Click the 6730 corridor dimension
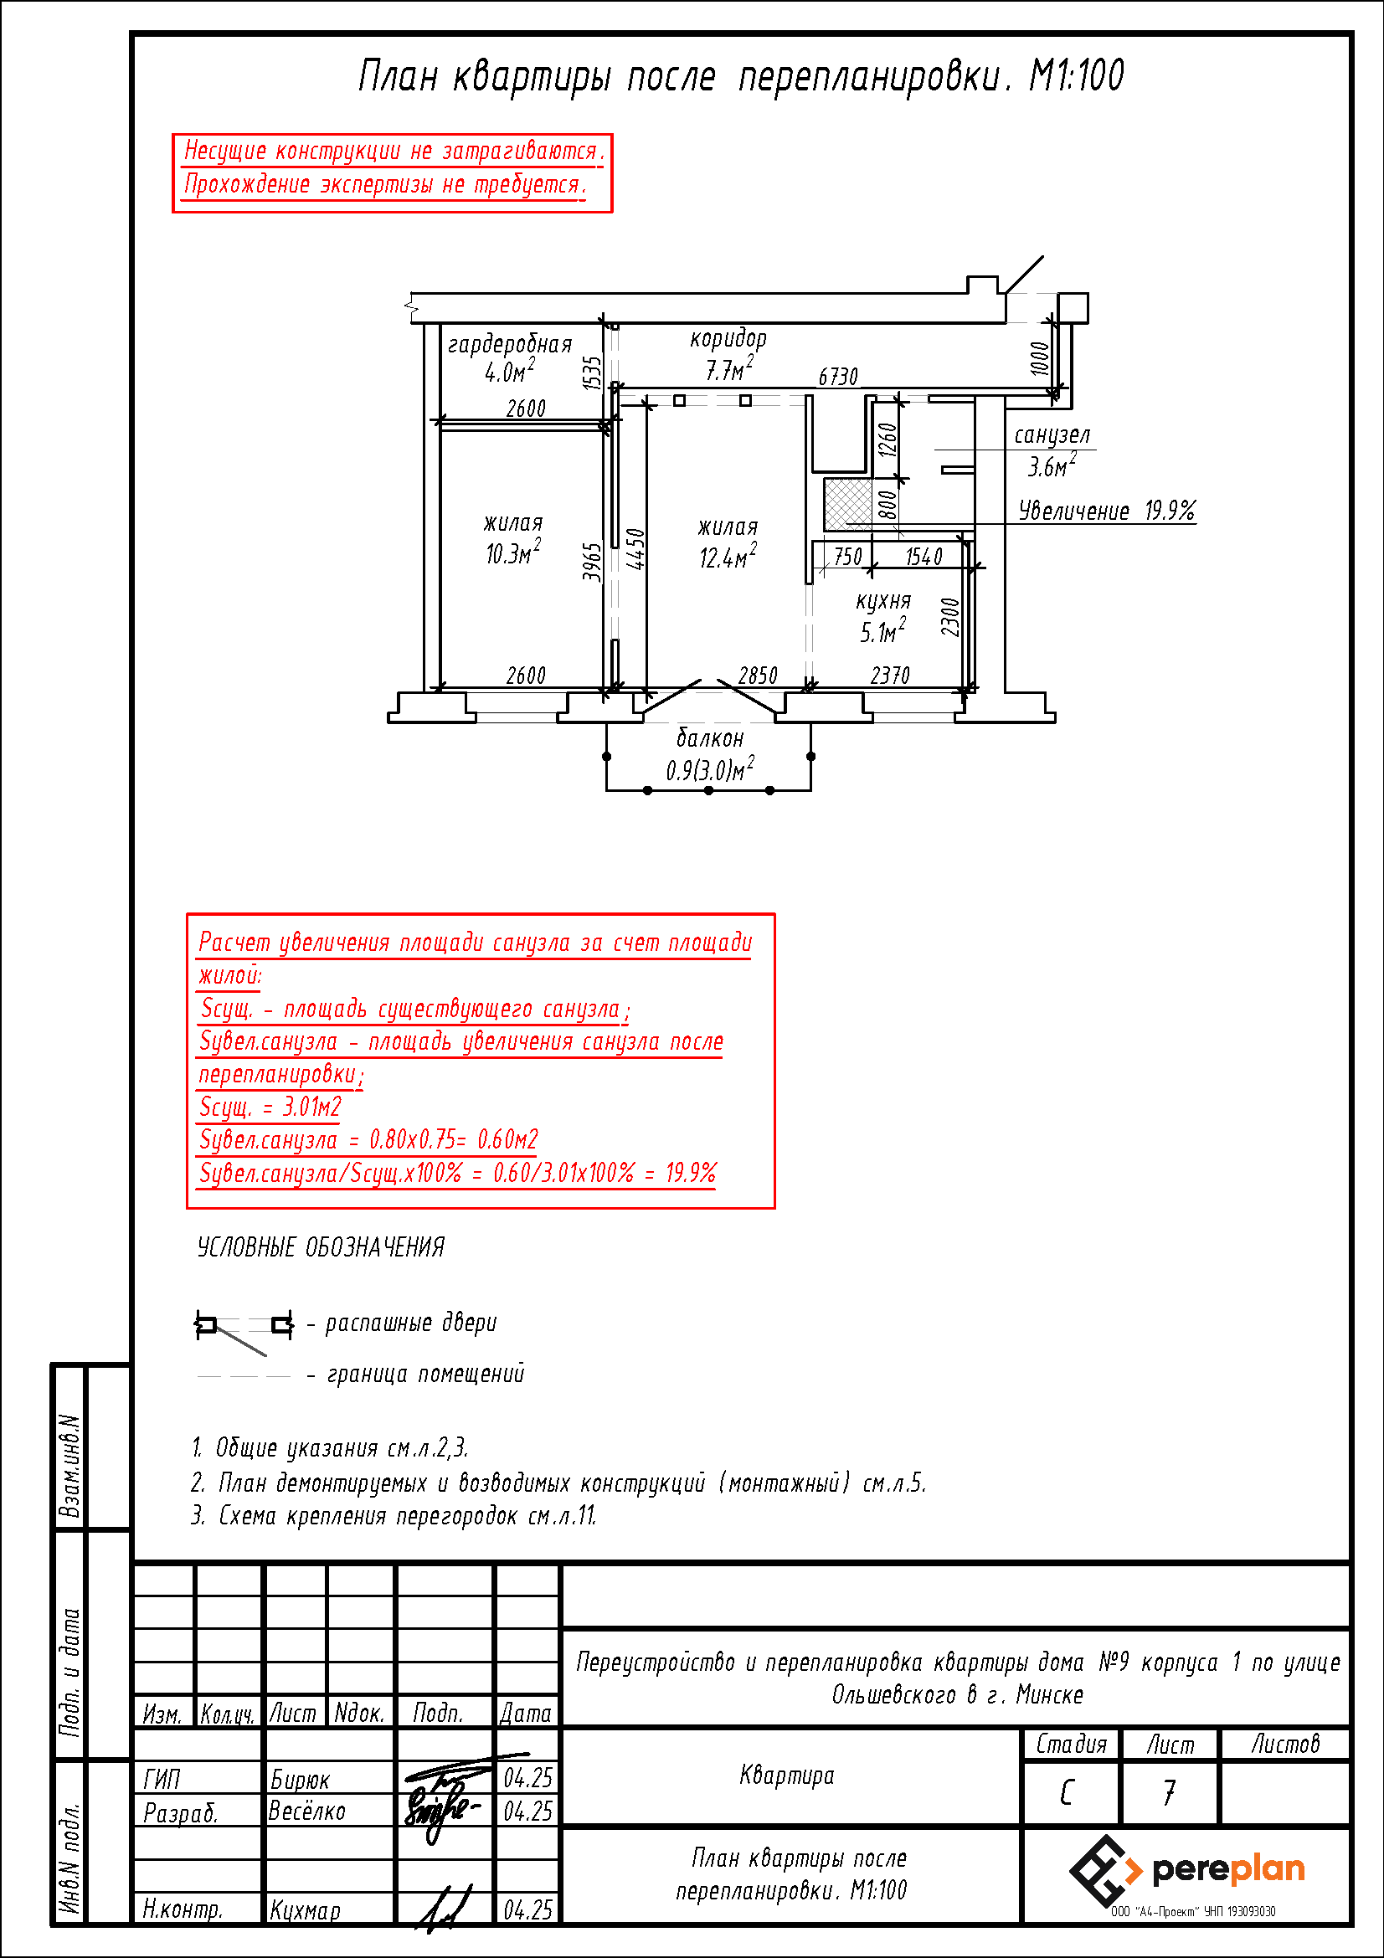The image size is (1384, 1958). coord(838,376)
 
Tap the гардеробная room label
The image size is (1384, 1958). coord(509,344)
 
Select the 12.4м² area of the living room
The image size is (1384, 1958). coord(728,556)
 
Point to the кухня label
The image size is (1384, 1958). coord(883,601)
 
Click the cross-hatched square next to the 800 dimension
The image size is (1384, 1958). coord(848,504)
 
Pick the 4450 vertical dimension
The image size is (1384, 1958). coord(635,549)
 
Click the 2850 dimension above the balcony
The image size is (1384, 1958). coord(757,676)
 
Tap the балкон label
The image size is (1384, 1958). coord(709,737)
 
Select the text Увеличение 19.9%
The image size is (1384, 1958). coord(1107,511)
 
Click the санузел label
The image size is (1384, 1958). coord(1052,435)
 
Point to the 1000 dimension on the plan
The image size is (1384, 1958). coord(1039,358)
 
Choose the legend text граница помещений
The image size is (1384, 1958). coord(425,1374)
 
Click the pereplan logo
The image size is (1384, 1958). coord(1186,1871)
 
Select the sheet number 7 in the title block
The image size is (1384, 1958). coord(1169,1792)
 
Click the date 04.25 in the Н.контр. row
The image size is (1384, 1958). coord(527,1910)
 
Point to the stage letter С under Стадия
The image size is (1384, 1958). coord(1067,1793)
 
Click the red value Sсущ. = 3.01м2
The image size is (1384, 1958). coord(270,1107)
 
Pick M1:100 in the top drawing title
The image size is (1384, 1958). coord(1077,76)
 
